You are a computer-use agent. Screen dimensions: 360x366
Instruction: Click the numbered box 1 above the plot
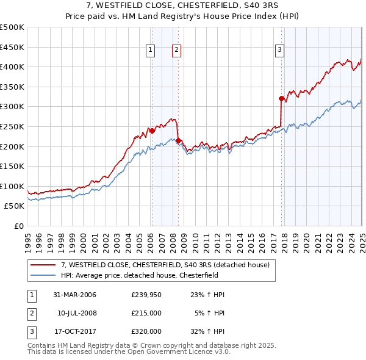point(150,51)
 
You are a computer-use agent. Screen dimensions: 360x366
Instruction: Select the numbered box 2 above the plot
point(176,51)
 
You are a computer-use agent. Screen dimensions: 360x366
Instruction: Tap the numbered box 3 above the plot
point(279,51)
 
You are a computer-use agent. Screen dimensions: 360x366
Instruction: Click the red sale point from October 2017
point(281,98)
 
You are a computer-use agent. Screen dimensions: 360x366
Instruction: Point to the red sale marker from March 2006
point(152,130)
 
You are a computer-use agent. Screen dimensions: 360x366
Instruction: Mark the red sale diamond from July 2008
point(178,140)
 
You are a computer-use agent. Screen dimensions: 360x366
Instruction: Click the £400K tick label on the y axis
point(12,67)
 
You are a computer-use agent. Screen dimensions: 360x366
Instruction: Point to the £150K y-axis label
point(12,166)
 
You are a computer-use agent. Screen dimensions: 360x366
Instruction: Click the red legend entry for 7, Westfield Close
point(168,265)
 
